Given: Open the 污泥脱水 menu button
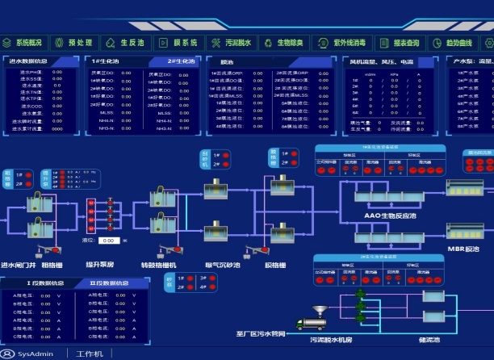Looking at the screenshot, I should [232, 42].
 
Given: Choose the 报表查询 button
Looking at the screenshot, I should [400, 42].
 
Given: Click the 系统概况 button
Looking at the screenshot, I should [27, 42].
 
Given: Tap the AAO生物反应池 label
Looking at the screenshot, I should [390, 216].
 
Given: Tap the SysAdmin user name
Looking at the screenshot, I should [36, 354].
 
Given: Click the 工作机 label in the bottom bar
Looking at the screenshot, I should [89, 354].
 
